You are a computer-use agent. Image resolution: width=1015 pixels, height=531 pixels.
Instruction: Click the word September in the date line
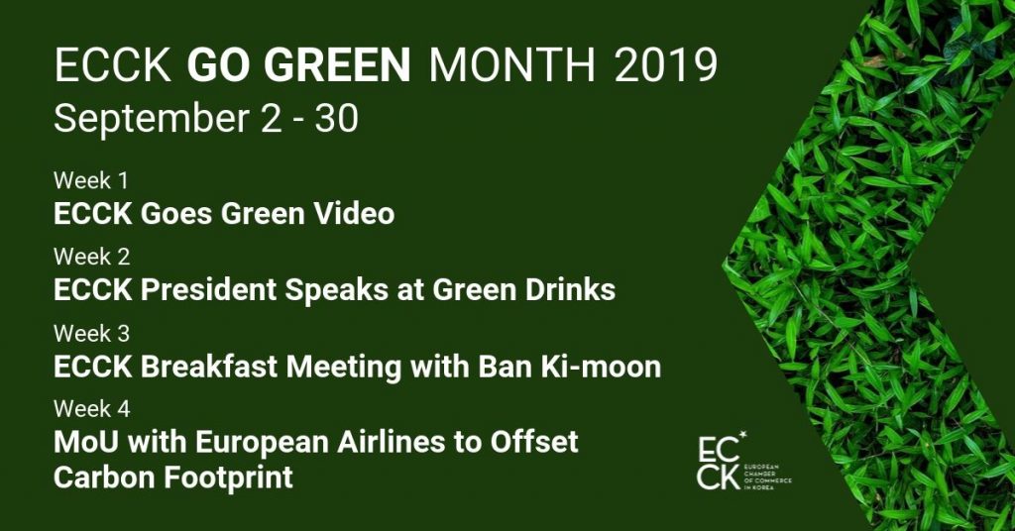(x=152, y=120)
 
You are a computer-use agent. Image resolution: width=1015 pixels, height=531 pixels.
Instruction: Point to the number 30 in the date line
(x=337, y=119)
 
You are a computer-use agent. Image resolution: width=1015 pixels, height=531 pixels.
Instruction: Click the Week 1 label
(x=91, y=180)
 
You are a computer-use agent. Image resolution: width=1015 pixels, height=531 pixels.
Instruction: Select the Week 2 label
(x=92, y=257)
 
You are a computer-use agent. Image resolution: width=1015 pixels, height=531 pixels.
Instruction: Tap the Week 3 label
(x=92, y=333)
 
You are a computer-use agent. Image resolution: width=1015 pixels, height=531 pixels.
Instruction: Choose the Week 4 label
(x=92, y=409)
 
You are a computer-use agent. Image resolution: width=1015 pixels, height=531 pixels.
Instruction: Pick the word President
(x=208, y=289)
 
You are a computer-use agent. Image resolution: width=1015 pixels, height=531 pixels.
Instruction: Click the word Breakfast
(x=210, y=367)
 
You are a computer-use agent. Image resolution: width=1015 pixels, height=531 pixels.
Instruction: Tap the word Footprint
(x=228, y=478)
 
